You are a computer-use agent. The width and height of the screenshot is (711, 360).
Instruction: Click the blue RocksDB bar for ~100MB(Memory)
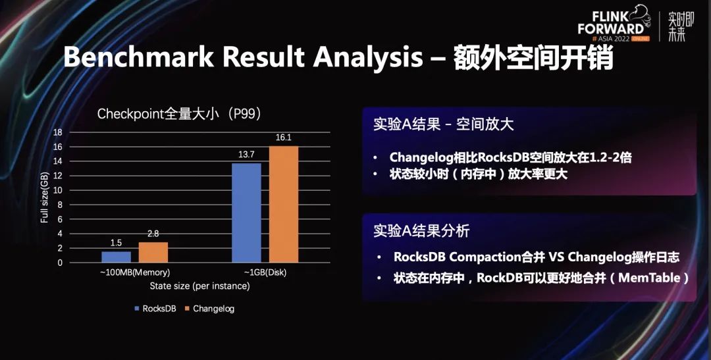pyautogui.click(x=116, y=257)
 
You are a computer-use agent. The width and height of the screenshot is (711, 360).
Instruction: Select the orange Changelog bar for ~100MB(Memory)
pyautogui.click(x=153, y=252)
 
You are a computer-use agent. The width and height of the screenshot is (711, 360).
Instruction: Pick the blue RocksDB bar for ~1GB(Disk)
pyautogui.click(x=247, y=213)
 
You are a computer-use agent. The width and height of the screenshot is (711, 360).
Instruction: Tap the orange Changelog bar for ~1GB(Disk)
pyautogui.click(x=284, y=204)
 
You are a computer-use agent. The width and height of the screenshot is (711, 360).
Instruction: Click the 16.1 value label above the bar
pyautogui.click(x=283, y=138)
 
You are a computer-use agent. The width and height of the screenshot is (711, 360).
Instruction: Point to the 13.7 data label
pyautogui.click(x=247, y=155)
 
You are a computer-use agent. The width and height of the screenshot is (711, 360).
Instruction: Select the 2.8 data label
pyautogui.click(x=153, y=234)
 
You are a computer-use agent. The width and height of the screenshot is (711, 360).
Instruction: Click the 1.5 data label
pyautogui.click(x=116, y=243)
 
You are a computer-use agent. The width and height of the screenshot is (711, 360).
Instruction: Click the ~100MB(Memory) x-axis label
pyautogui.click(x=135, y=272)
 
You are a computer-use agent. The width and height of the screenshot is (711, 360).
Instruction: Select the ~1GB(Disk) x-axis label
pyautogui.click(x=265, y=272)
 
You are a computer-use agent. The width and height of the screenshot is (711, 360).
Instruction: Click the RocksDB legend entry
pyautogui.click(x=155, y=309)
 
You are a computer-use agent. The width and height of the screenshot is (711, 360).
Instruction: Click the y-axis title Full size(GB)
pyautogui.click(x=45, y=197)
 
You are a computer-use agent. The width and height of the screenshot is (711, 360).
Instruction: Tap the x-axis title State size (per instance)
pyautogui.click(x=200, y=286)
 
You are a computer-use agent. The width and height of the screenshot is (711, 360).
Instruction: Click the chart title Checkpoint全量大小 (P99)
pyautogui.click(x=180, y=114)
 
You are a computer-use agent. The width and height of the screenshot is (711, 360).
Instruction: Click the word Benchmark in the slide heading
pyautogui.click(x=138, y=57)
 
